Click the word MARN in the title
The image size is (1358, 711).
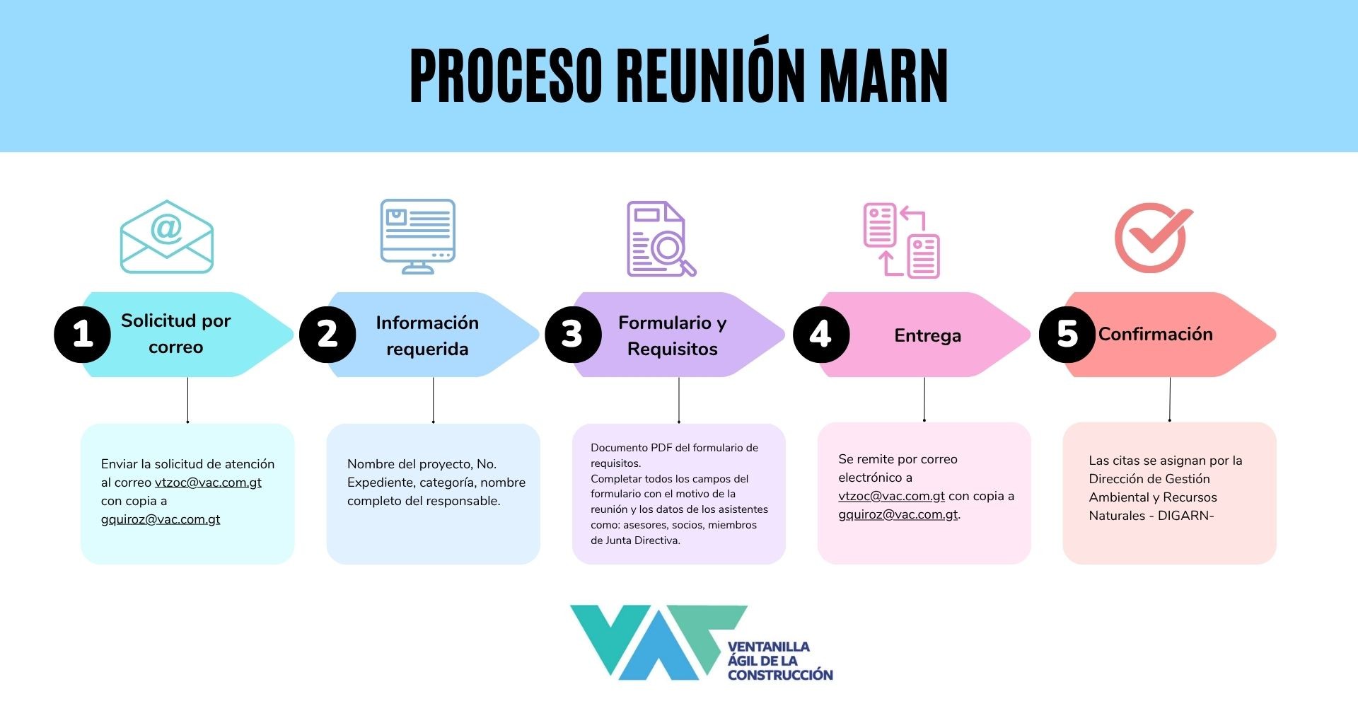883,76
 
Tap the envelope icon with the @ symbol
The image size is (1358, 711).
167,237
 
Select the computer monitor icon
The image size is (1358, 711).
417,236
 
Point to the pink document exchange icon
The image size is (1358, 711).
902,241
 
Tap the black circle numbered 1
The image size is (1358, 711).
82,335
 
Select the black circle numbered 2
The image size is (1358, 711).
327,335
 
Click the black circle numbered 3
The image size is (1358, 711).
573,335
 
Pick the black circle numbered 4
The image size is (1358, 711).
820,335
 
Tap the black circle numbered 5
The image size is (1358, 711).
1067,335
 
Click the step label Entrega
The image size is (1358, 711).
927,336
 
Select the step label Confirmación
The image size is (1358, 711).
1155,334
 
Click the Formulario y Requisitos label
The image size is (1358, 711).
672,335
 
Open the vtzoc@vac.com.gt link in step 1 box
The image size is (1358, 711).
208,482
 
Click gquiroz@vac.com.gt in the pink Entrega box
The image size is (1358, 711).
898,514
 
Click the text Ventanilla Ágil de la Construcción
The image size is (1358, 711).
780,661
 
